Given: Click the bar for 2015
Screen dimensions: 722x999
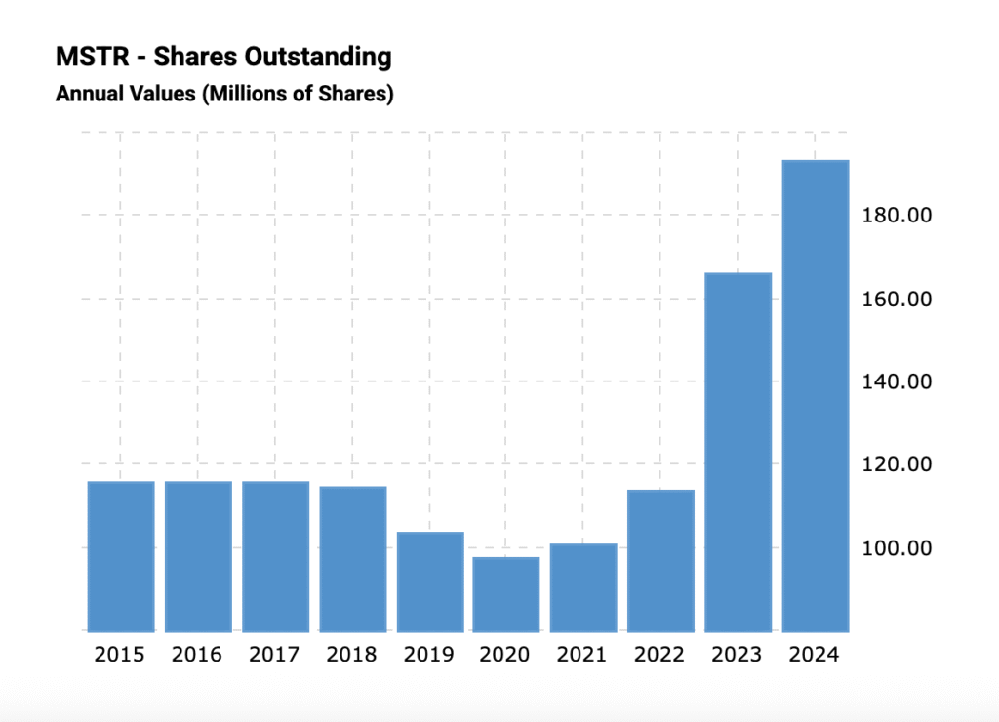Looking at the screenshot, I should click(121, 556).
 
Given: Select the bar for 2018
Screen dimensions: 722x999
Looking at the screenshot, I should click(352, 558).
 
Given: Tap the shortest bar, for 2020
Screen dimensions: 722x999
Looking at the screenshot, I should click(506, 594).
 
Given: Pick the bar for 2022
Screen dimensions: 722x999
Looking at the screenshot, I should click(660, 560).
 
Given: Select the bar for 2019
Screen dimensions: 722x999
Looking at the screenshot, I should click(429, 582).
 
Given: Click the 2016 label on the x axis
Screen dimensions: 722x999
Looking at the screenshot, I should click(197, 655).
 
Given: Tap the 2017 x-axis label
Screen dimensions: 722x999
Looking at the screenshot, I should click(274, 655).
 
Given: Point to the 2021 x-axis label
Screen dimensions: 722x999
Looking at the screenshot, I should click(582, 655).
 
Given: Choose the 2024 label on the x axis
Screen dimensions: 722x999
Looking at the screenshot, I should click(814, 655).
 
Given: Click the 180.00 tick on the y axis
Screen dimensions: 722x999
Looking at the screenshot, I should click(899, 215).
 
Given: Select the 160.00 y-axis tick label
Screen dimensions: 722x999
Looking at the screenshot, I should click(899, 299).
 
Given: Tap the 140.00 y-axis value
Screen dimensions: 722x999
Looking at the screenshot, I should click(899, 381).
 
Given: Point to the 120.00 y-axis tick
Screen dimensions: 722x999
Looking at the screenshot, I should click(899, 464).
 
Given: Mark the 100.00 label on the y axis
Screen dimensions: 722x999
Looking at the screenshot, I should click(899, 548).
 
